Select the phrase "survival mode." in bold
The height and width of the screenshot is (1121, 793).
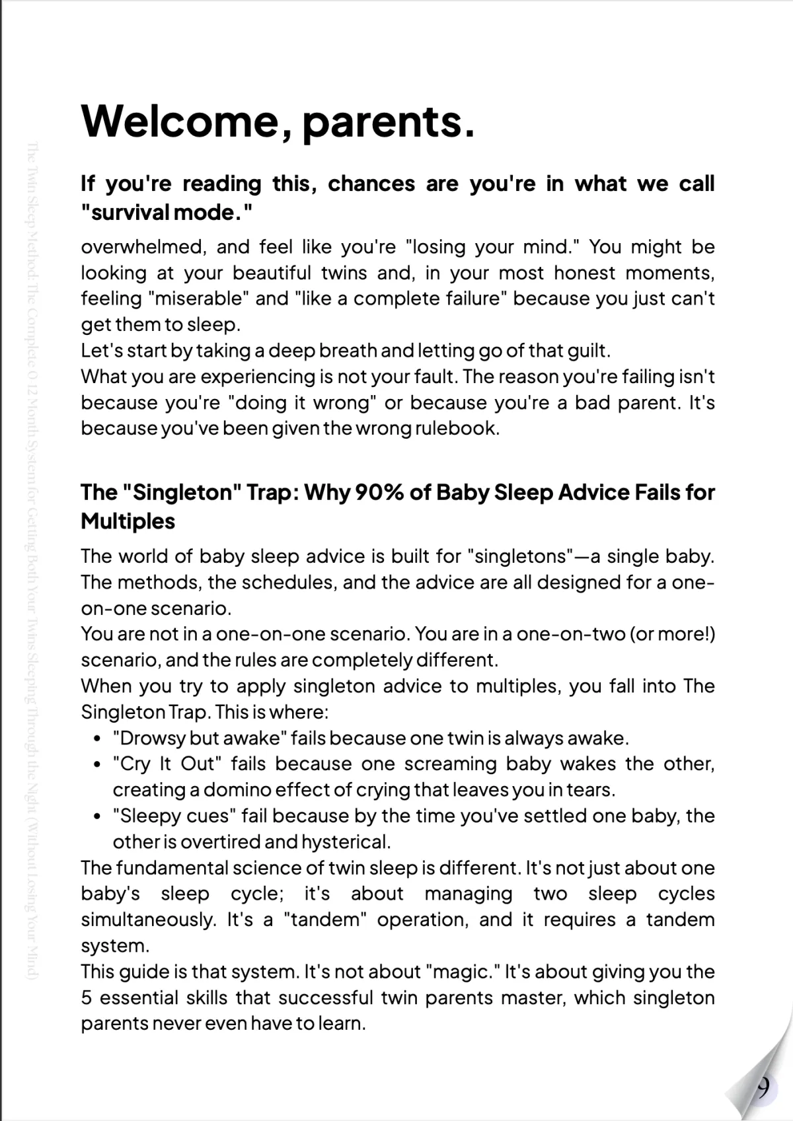(167, 213)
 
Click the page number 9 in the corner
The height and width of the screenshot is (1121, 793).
(763, 1086)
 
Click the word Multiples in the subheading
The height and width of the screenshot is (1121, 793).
(128, 521)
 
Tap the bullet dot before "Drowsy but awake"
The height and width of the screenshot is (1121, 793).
(97, 739)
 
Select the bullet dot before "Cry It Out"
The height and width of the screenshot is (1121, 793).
(97, 765)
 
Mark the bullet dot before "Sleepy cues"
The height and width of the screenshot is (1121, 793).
(97, 816)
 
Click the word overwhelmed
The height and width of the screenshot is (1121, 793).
(141, 247)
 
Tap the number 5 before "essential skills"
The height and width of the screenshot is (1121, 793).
(86, 997)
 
